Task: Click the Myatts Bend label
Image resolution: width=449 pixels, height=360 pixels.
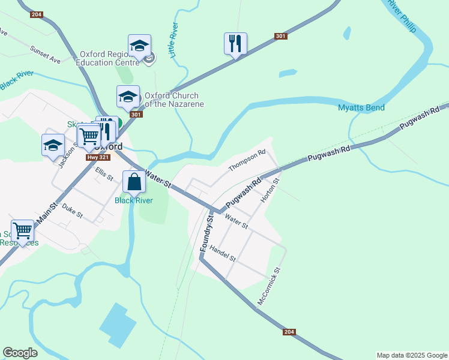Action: pos(361,108)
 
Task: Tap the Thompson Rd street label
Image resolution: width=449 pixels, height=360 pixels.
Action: pos(247,160)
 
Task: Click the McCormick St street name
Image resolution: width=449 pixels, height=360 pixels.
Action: pos(269,287)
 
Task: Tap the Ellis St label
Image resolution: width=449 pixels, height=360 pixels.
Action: pos(104,174)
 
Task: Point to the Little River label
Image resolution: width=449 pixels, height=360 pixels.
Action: pos(173,41)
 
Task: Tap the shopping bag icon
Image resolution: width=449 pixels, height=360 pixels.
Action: pos(134,181)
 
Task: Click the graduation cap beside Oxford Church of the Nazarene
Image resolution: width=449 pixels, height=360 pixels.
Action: pos(128,97)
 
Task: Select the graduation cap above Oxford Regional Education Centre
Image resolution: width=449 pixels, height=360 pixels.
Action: pos(139,45)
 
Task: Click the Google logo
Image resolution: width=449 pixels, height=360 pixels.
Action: pos(20,353)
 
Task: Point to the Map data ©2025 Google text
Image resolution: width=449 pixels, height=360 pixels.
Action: pos(411,355)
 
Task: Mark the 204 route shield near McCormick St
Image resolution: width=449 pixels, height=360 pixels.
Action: pos(289,332)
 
